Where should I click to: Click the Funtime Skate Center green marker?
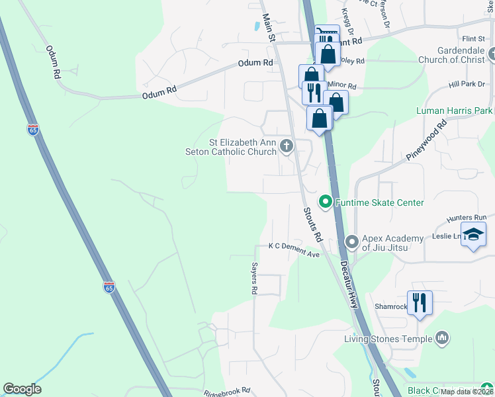tap(325, 202)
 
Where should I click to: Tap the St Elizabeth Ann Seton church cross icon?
tap(287, 146)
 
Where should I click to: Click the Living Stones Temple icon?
tap(443, 339)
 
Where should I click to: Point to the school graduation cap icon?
tap(474, 234)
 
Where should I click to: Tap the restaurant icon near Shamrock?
tap(420, 303)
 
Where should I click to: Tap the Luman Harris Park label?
tap(454, 110)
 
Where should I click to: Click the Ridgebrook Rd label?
tap(227, 391)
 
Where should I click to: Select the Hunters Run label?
tap(467, 217)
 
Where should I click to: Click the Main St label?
tap(268, 28)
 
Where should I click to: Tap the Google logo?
tap(22, 389)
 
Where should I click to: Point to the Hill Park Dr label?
tap(467, 85)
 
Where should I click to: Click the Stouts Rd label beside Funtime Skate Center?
tap(312, 224)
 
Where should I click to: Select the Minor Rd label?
tap(342, 86)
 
